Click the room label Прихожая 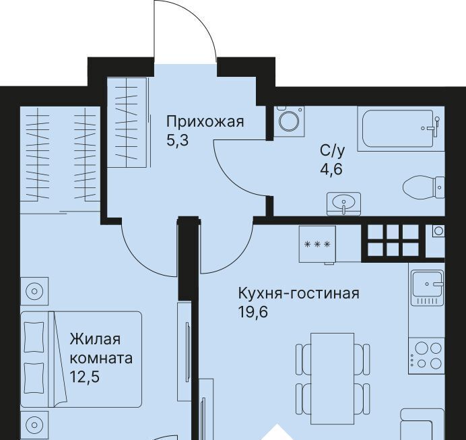[x=205, y=122]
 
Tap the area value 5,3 [x=177, y=140]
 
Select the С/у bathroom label [x=333, y=151]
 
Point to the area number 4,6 [x=331, y=169]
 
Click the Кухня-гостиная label [x=299, y=293]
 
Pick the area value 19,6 [x=253, y=312]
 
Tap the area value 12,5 [x=84, y=377]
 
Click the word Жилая [x=95, y=339]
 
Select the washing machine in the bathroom [x=289, y=121]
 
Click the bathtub [x=401, y=129]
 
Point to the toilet [x=424, y=187]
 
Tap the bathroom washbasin [x=343, y=203]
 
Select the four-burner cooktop [x=426, y=356]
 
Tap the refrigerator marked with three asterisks [x=317, y=245]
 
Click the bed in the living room [x=81, y=359]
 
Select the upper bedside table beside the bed [x=34, y=291]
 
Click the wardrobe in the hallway [x=127, y=123]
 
